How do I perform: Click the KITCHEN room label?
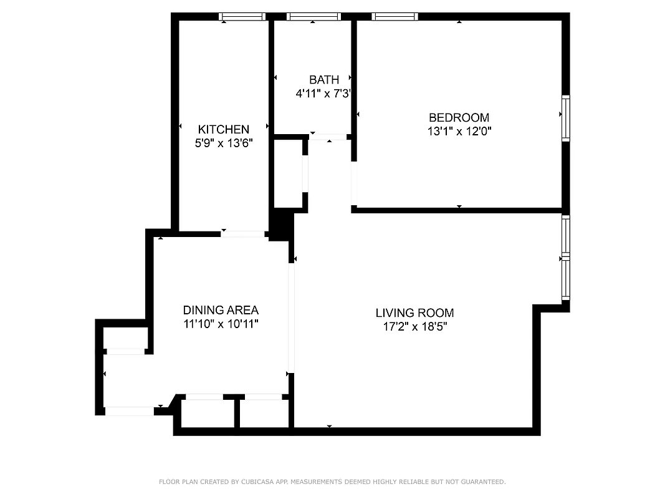(223, 129)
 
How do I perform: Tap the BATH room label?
(324, 79)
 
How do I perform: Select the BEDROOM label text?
(459, 117)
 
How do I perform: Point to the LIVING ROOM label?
(414, 312)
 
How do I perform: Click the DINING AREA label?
(221, 310)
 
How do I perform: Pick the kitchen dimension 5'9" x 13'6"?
(223, 143)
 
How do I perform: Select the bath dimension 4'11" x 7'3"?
(325, 94)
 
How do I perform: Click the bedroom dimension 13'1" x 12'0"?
(459, 132)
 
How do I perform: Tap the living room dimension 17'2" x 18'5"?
(414, 326)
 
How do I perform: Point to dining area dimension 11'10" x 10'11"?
(221, 324)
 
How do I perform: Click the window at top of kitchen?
(243, 17)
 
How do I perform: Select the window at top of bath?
(313, 17)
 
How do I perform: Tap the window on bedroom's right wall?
(565, 117)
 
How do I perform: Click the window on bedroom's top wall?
(395, 17)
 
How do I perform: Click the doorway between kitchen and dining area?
(243, 234)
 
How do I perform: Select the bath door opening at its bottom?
(328, 137)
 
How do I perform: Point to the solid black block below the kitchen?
(281, 225)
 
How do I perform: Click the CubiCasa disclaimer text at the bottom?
(332, 482)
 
